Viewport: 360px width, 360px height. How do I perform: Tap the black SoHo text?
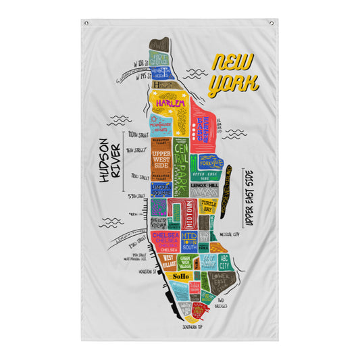tap(181, 277)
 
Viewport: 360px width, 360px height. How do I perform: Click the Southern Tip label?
tap(195, 325)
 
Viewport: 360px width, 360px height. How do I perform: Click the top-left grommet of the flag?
tap(86, 23)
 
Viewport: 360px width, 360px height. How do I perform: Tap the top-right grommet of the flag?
tap(272, 23)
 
